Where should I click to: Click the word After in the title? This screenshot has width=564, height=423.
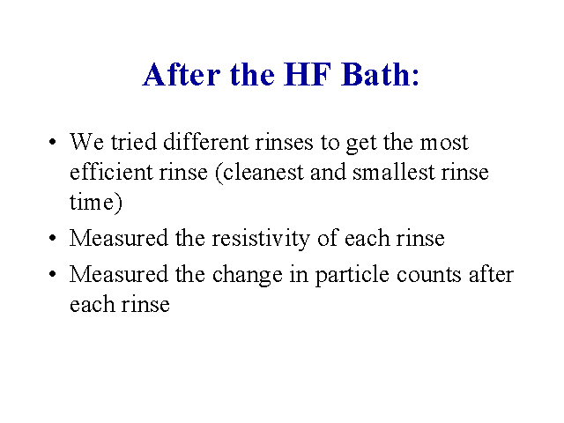182,74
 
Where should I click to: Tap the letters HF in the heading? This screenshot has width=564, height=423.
308,74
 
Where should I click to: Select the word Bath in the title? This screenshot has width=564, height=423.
373,74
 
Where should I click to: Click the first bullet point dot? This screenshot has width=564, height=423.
53,142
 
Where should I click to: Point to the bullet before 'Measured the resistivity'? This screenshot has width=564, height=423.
53,238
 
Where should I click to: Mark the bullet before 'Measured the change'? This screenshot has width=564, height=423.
53,274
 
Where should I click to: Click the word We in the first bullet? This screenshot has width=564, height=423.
86,142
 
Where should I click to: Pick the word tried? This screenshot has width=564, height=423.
133,141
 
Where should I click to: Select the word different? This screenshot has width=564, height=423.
205,141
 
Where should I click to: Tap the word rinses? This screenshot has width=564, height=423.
284,142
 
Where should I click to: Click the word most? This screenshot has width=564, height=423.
444,143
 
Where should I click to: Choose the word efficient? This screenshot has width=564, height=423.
111,172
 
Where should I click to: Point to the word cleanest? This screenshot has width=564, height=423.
263,172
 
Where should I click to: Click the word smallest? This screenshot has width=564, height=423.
393,172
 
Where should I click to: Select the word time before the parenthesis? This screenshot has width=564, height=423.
92,202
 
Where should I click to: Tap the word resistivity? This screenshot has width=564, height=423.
261,238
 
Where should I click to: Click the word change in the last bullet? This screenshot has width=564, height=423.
247,275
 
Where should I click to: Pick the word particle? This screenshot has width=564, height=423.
352,275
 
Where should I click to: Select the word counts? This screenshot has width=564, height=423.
429,275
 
